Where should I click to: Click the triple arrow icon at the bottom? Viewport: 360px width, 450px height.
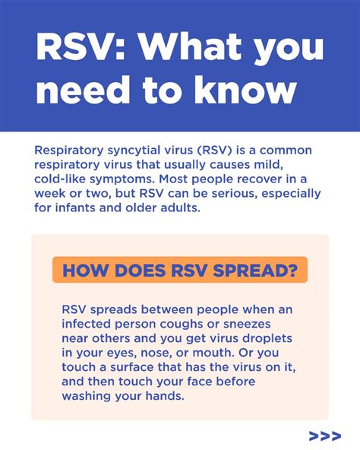pyautogui.click(x=324, y=436)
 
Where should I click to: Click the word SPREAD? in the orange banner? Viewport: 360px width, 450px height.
pyautogui.click(x=258, y=270)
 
